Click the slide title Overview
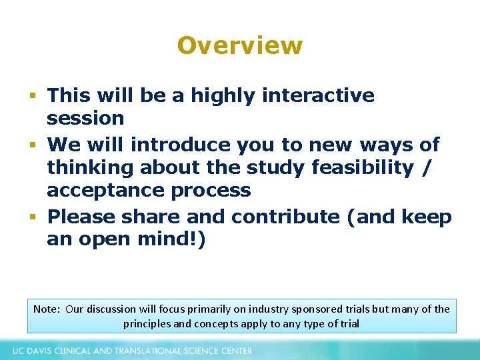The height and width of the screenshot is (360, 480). (240, 45)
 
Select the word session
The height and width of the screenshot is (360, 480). (85, 119)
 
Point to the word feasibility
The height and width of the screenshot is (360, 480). (362, 167)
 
